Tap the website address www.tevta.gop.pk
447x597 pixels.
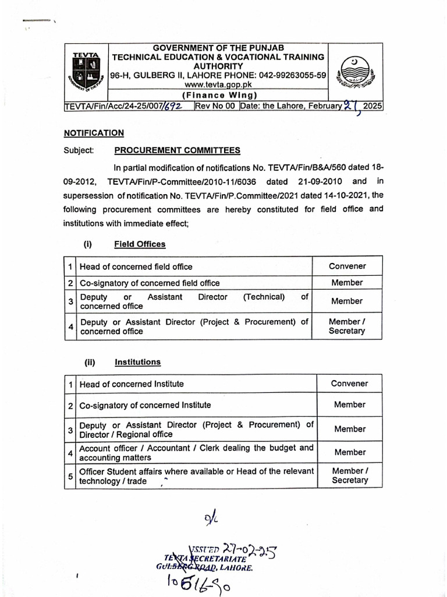[x=219, y=85]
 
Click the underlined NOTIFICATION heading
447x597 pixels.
[x=94, y=133]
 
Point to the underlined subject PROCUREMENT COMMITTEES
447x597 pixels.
[x=177, y=150]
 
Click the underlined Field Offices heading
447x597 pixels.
[x=140, y=244]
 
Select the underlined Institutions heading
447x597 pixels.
[x=137, y=362]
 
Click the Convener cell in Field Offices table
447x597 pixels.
[x=347, y=266]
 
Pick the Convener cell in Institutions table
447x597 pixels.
[x=349, y=384]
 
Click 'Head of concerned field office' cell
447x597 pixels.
[x=136, y=267]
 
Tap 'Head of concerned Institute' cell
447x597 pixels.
[x=132, y=384]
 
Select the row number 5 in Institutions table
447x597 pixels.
[x=70, y=476]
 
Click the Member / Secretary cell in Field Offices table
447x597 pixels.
[x=347, y=326]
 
